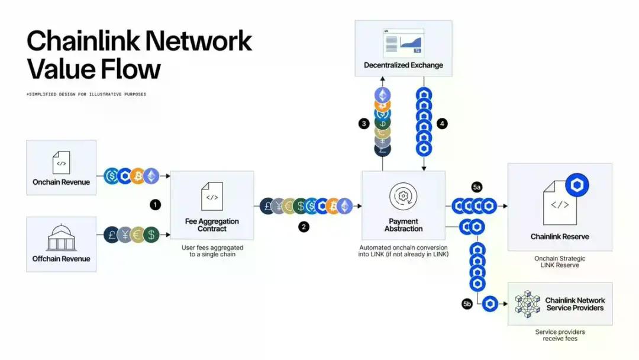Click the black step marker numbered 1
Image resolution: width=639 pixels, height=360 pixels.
point(155,204)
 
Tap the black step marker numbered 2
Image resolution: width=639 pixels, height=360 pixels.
point(304,227)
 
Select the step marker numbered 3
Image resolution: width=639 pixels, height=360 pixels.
point(364,124)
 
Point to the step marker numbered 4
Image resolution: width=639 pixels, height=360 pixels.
point(441,124)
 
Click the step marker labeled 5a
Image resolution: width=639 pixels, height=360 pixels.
point(477,188)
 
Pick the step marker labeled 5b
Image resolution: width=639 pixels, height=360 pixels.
point(467,304)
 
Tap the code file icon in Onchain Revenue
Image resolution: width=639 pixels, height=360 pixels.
point(61,162)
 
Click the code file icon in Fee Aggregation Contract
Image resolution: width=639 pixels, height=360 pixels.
point(212,196)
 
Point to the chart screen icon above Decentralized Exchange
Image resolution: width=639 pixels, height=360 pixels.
point(403,43)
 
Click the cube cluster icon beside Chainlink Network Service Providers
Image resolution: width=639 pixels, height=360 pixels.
point(527,304)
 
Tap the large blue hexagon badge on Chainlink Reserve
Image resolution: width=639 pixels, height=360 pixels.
point(577,185)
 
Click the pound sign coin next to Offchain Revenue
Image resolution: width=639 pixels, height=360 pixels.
point(112,234)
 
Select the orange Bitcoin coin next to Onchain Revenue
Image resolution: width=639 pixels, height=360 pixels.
point(138,176)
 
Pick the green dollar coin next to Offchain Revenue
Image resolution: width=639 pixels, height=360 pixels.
point(151,234)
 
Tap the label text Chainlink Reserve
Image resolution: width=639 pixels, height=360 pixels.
point(559,237)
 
